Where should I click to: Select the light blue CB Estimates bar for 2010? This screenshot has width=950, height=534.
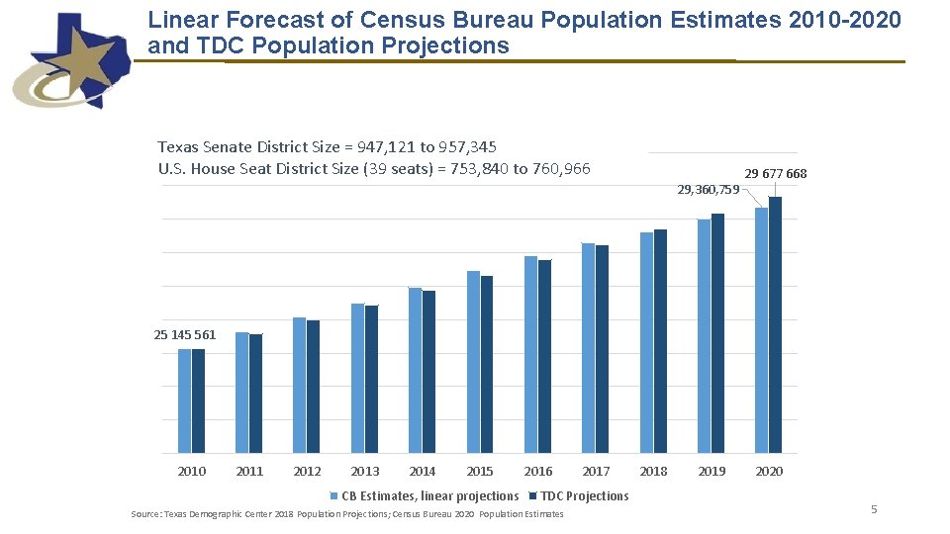(184, 400)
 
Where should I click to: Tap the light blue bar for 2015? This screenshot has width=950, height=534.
(473, 361)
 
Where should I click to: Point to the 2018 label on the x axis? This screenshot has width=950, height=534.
(653, 472)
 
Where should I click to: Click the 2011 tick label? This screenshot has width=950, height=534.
(249, 472)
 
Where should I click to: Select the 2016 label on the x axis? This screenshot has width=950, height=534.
(538, 472)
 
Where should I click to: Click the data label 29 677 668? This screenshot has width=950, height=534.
(775, 174)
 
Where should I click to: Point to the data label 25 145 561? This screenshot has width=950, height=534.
(185, 335)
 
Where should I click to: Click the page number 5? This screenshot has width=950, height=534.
(874, 509)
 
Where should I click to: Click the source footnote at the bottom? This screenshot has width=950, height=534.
(347, 514)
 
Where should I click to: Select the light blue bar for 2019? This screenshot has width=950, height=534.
(704, 336)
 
